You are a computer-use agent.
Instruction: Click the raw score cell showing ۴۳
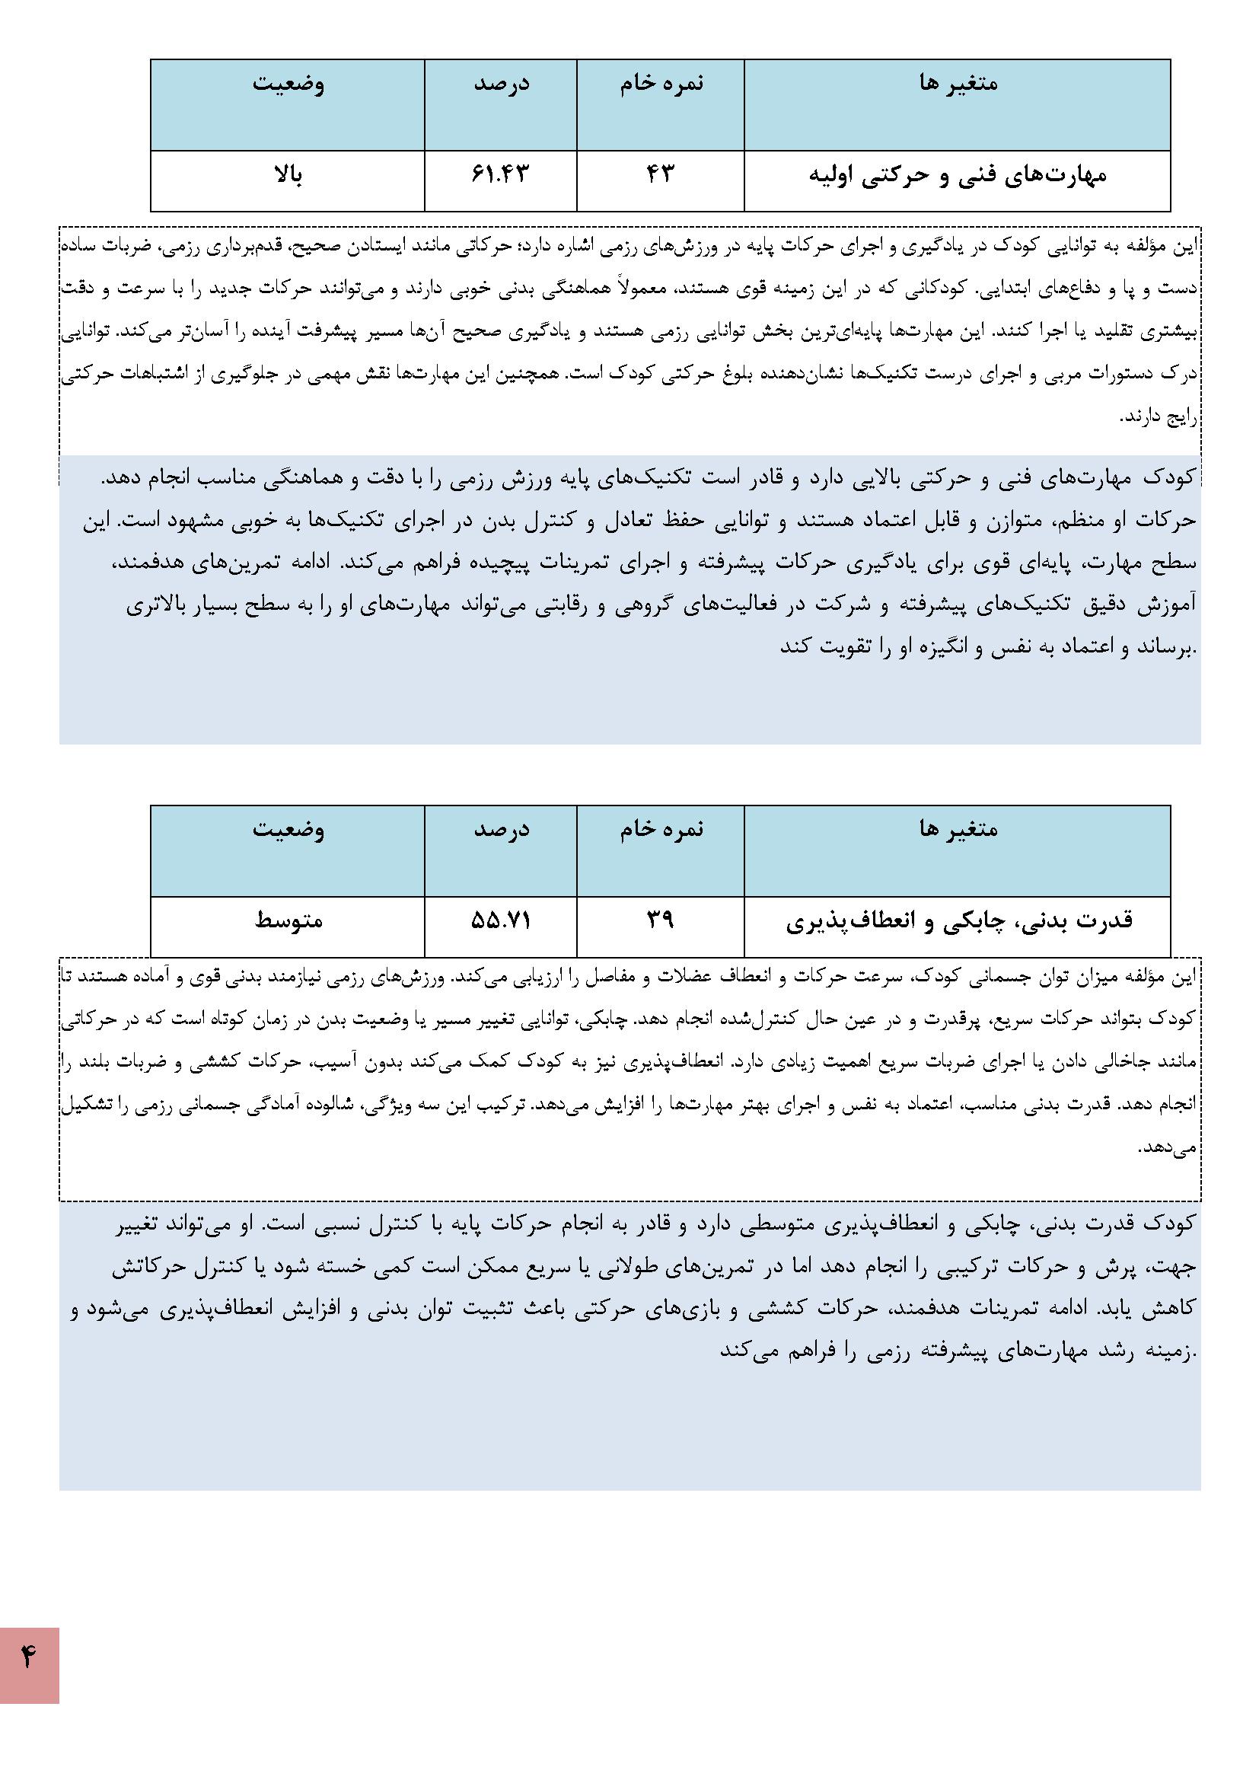coord(660,174)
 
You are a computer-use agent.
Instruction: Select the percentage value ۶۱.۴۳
coord(500,174)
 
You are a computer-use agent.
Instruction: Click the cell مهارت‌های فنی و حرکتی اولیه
coord(958,176)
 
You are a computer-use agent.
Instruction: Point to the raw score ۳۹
coord(660,920)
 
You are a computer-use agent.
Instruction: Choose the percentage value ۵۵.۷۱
coord(500,920)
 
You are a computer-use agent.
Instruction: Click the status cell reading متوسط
coord(288,921)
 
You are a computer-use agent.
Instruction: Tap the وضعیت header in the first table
coord(288,84)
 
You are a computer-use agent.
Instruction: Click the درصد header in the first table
coord(501,84)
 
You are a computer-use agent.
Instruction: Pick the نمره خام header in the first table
coord(661,84)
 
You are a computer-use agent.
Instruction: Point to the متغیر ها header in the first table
coord(958,84)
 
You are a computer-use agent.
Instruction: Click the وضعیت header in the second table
coord(288,831)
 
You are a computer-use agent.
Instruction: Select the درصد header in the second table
coord(501,831)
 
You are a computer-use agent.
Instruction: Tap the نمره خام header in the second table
coord(661,831)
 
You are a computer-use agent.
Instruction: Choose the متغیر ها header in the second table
coord(958,831)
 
